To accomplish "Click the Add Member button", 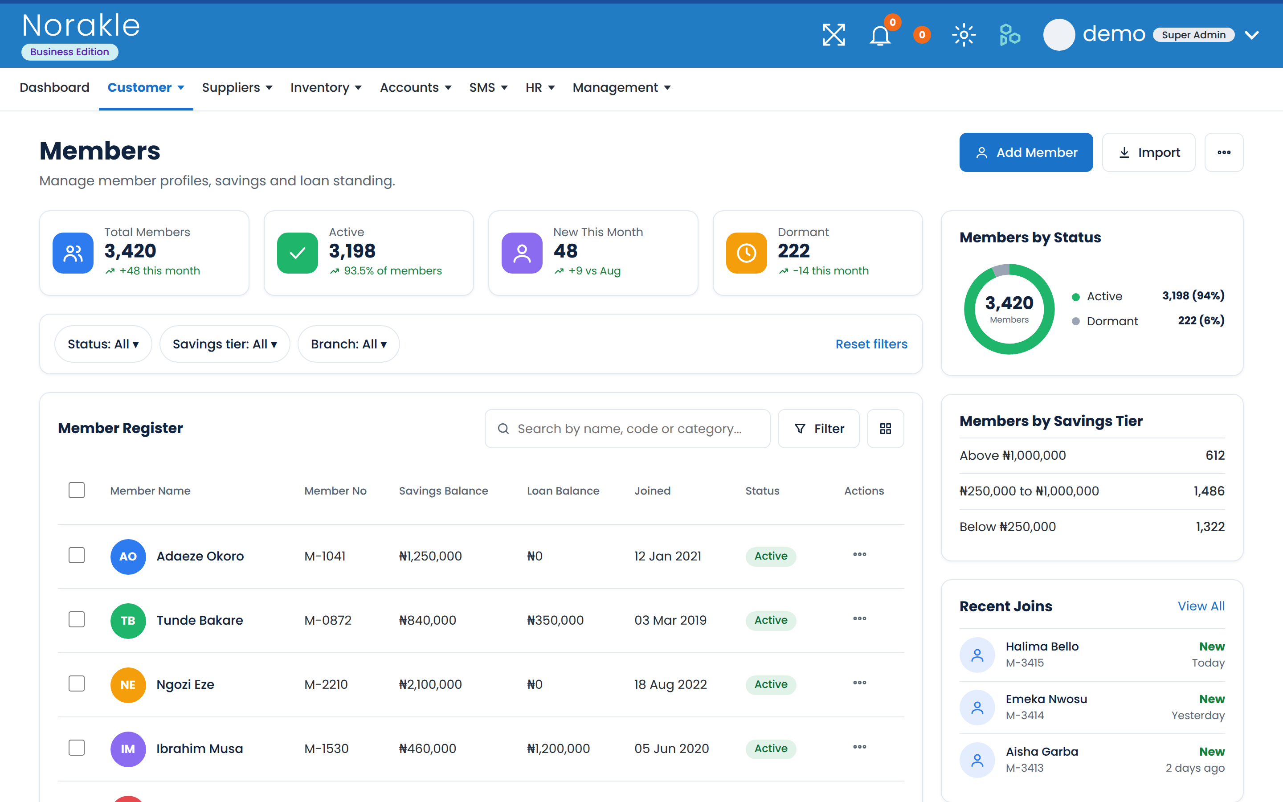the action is pyautogui.click(x=1026, y=152).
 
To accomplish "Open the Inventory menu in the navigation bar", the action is pyautogui.click(x=326, y=87).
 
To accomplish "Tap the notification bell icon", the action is pyautogui.click(x=879, y=36).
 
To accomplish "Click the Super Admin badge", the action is pyautogui.click(x=1193, y=35).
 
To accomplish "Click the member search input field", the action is pyautogui.click(x=627, y=429).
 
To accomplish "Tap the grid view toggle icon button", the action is pyautogui.click(x=885, y=429).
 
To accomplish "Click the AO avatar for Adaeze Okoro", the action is pyautogui.click(x=128, y=556).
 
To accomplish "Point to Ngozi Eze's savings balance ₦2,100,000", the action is pyautogui.click(x=430, y=684).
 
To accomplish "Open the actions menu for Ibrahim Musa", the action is pyautogui.click(x=859, y=747).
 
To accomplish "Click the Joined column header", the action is pyautogui.click(x=652, y=491).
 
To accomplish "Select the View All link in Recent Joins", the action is pyautogui.click(x=1201, y=606).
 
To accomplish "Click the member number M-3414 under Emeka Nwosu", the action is pyautogui.click(x=1024, y=715).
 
